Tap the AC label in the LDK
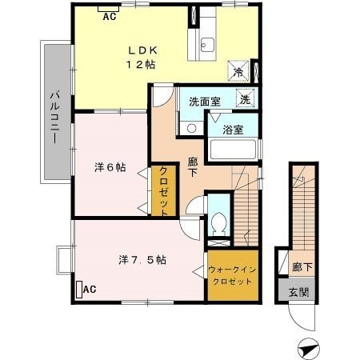point(110,14)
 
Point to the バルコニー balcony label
point(55,117)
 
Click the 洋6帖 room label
point(109,168)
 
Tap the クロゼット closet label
point(162,190)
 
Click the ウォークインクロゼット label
point(233,276)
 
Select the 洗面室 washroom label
point(203,102)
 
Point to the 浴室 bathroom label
point(233,127)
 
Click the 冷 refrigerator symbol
point(238,72)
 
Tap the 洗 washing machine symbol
point(246,100)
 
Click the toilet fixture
point(218,223)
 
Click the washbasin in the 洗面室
point(191,126)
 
